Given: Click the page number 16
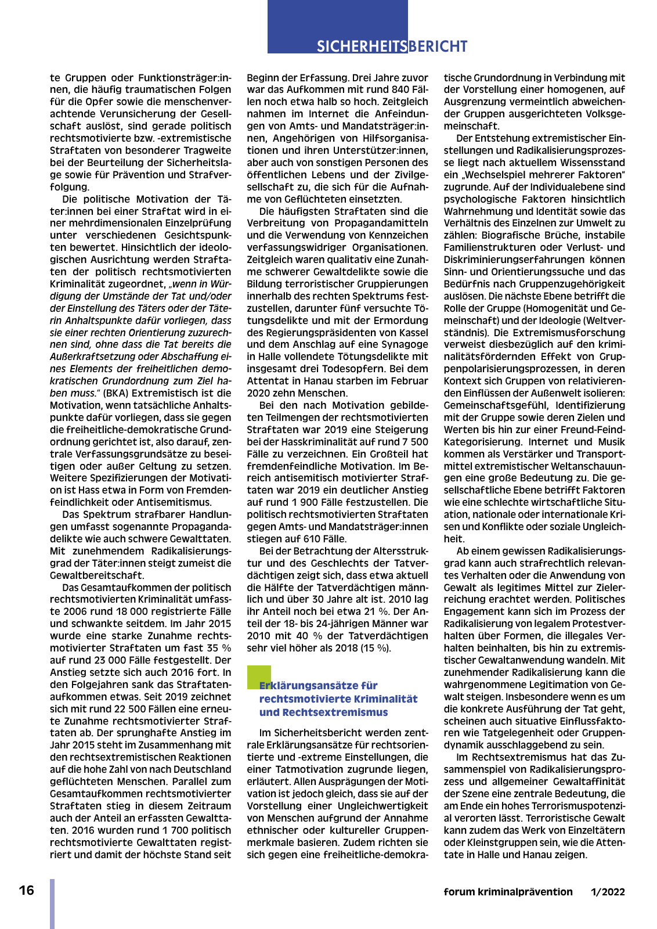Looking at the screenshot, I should tap(27, 891).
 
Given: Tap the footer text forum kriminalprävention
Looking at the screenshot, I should tap(508, 892).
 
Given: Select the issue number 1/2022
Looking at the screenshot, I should tap(608, 892).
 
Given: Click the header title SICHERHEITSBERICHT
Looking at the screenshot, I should tap(392, 46).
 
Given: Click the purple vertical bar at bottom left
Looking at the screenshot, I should tap(52, 903).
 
